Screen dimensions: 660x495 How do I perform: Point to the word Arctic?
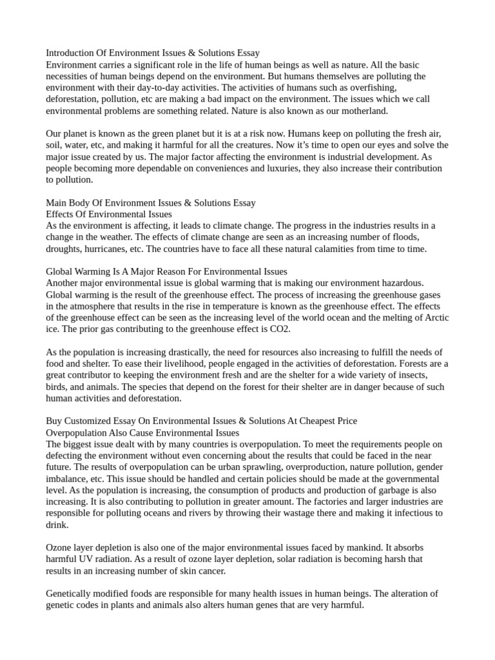tap(435, 318)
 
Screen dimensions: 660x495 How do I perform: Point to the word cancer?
tap(211, 571)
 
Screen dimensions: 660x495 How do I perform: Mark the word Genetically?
tap(72, 594)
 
